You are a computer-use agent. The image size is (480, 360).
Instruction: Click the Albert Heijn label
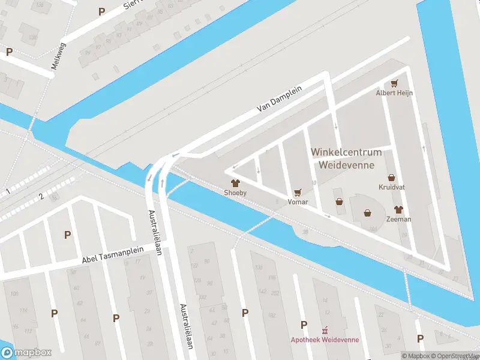coord(395,93)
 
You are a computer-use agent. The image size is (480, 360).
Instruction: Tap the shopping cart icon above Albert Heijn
coord(395,83)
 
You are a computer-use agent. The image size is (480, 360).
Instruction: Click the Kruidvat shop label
coord(392,187)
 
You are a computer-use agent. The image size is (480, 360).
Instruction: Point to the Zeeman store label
coord(398,219)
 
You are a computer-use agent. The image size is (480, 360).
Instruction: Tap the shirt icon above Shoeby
coord(235,183)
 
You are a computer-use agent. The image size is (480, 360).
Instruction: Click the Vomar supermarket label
coord(298,202)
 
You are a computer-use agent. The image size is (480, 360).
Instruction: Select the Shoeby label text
coord(235,193)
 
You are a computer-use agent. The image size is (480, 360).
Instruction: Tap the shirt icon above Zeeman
coord(398,209)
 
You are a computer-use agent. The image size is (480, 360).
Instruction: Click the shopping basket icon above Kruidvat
coord(392,178)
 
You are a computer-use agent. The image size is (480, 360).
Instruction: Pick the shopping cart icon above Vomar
coord(298,193)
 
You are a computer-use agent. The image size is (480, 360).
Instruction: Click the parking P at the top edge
coord(101,11)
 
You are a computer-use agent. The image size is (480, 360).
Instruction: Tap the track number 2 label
coord(41,196)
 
